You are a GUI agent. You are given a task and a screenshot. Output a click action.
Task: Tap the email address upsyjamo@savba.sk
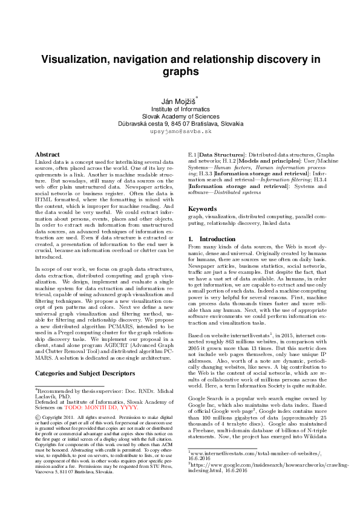(180, 131)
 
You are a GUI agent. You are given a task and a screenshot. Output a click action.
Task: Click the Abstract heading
(47, 155)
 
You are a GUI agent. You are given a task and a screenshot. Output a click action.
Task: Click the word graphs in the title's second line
(180, 72)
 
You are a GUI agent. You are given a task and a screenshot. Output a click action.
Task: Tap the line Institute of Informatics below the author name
(180, 109)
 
